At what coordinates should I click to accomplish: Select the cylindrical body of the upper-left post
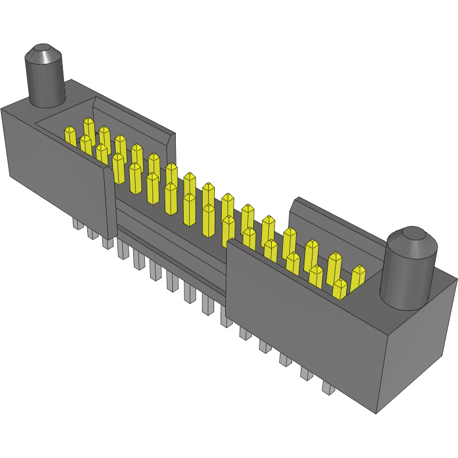click(44, 84)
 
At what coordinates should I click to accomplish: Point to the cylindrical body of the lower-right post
click(407, 279)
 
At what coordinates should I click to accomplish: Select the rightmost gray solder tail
click(328, 388)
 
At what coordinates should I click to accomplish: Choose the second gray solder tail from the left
click(93, 233)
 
